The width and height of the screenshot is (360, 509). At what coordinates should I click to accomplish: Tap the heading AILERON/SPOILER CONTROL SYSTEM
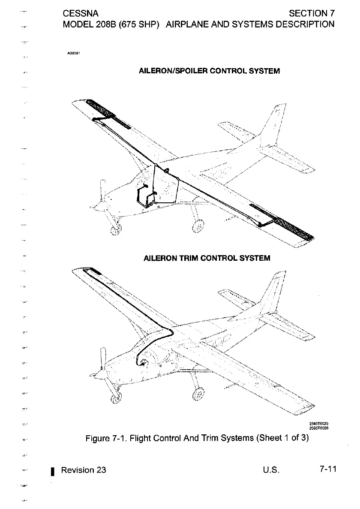tap(210, 71)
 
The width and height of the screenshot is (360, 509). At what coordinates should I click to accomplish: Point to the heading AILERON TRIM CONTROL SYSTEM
tap(207, 258)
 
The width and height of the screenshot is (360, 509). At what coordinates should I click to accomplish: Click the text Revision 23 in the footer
tap(84, 470)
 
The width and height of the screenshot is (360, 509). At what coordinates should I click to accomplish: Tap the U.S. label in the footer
tap(271, 470)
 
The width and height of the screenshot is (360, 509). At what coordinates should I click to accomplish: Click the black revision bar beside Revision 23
tap(51, 471)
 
